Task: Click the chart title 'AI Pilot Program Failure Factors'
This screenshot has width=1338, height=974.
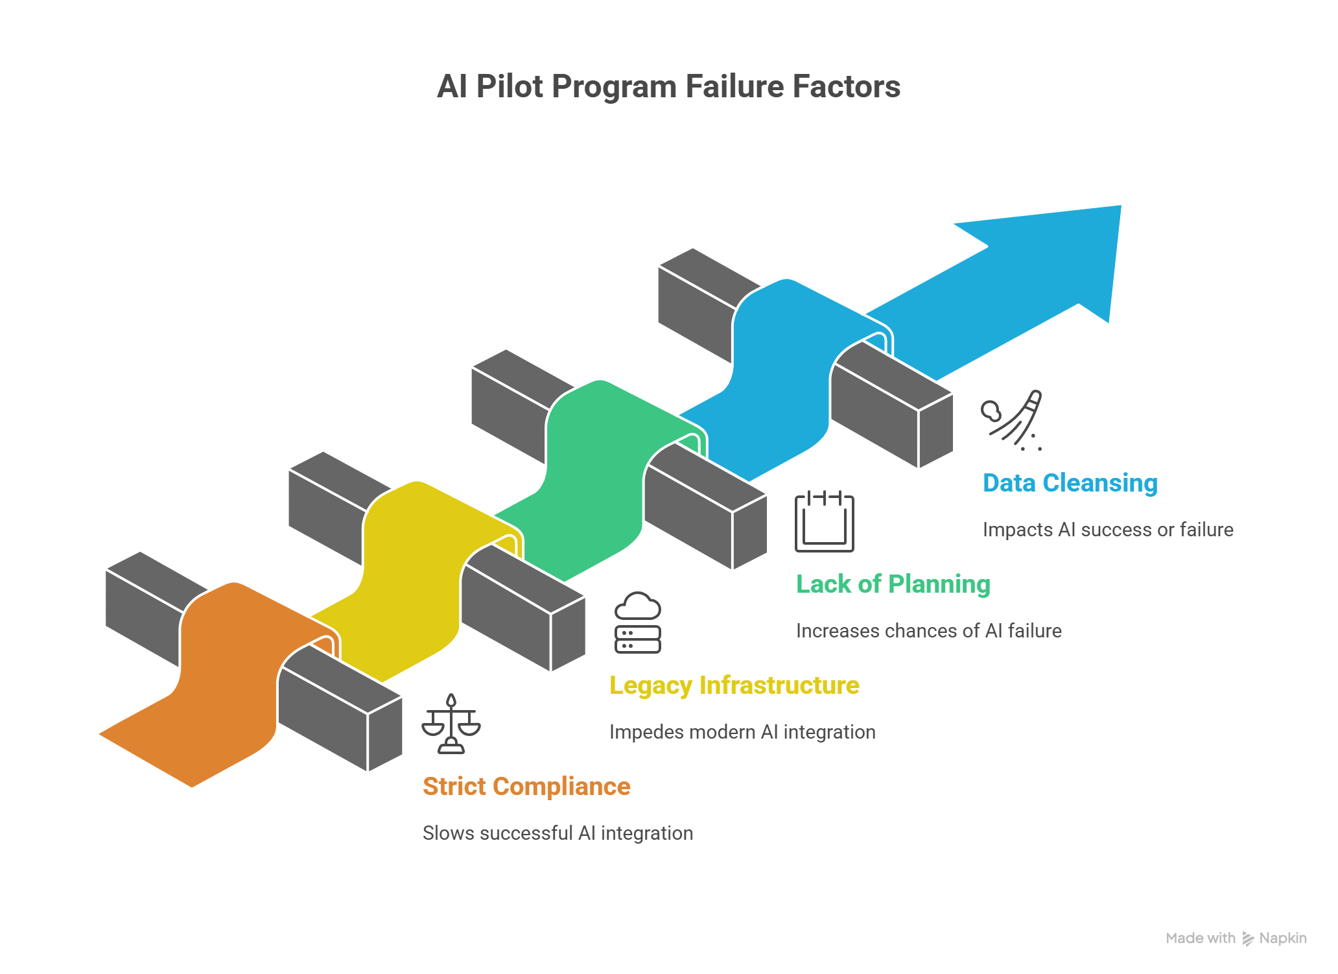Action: (668, 86)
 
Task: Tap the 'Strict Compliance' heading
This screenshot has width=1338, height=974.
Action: (526, 786)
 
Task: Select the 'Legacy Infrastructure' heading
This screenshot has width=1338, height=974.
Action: (734, 685)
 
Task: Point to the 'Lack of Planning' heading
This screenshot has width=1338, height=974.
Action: (893, 584)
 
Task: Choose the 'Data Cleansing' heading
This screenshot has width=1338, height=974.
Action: (1070, 482)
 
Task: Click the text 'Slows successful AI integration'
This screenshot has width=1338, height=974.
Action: (557, 833)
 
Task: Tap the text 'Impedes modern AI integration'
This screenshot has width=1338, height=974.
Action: (742, 731)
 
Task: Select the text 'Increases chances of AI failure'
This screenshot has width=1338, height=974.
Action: (928, 630)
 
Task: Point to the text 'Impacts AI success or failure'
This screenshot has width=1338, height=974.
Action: (1107, 529)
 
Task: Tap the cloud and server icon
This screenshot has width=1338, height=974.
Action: (638, 622)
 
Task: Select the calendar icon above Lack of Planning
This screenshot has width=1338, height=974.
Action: (825, 521)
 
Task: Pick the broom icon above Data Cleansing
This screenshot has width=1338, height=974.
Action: (1013, 420)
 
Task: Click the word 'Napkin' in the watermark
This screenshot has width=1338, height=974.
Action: (1283, 938)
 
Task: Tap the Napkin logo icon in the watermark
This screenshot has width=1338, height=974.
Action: (1248, 938)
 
